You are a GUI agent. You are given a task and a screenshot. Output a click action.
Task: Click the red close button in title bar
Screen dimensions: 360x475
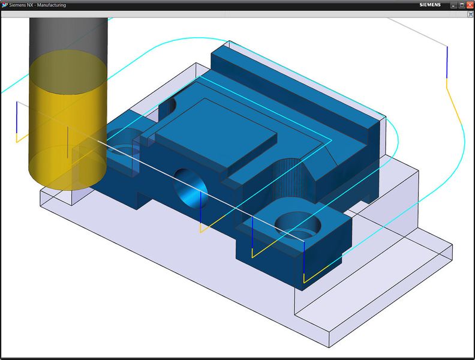click(x=470, y=5)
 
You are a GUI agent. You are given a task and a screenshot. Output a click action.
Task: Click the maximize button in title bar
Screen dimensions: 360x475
click(x=462, y=5)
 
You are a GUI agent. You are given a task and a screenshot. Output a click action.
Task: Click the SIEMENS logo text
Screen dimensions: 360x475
click(x=429, y=5)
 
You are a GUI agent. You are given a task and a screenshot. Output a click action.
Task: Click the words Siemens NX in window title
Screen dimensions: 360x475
click(x=24, y=5)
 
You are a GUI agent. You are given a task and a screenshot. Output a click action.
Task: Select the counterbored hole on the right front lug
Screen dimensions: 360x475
click(x=297, y=226)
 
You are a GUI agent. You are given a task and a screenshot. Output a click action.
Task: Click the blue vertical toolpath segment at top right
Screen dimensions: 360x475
click(x=447, y=63)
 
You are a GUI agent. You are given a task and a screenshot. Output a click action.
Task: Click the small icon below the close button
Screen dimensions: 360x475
click(x=470, y=14)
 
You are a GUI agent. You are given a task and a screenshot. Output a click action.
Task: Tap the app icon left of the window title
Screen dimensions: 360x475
click(x=5, y=5)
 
